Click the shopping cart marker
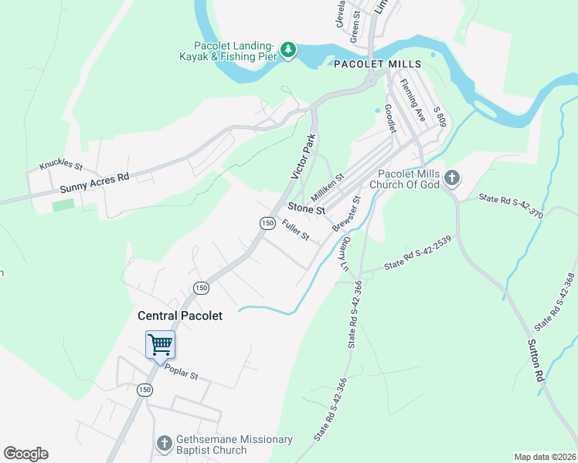point(160,345)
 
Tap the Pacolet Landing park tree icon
point(288,50)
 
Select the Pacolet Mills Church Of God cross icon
point(452,179)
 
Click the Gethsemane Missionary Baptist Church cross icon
point(164,444)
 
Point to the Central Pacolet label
point(180,316)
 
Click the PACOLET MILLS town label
point(377,63)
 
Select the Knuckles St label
point(60,165)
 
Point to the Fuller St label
point(295,230)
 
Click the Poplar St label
point(182,373)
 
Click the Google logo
point(25,453)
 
